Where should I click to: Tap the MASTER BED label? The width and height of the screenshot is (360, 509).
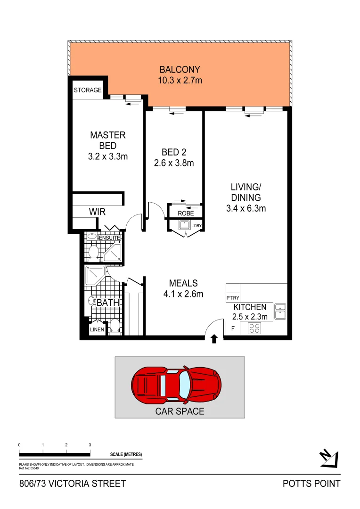pyautogui.click(x=108, y=140)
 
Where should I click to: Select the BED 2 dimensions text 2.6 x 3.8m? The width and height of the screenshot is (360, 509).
pyautogui.click(x=174, y=164)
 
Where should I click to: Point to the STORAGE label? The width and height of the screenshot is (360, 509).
pyautogui.click(x=88, y=90)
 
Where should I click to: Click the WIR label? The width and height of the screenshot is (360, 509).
pyautogui.click(x=97, y=213)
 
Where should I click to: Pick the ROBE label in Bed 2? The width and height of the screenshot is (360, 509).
pyautogui.click(x=186, y=213)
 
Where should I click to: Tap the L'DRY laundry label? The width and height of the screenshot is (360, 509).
pyautogui.click(x=196, y=226)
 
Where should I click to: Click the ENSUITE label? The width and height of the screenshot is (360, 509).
pyautogui.click(x=109, y=238)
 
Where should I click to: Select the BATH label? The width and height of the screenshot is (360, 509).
pyautogui.click(x=108, y=303)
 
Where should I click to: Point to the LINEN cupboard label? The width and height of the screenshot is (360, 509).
pyautogui.click(x=97, y=330)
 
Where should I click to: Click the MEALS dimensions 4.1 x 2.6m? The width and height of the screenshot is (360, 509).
pyautogui.click(x=183, y=295)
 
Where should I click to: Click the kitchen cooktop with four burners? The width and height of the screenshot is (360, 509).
pyautogui.click(x=255, y=328)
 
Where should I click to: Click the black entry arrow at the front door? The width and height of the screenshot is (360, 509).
pyautogui.click(x=214, y=338)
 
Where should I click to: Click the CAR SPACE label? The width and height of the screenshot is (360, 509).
pyautogui.click(x=180, y=411)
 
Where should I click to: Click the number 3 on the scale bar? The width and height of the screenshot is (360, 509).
pyautogui.click(x=90, y=445)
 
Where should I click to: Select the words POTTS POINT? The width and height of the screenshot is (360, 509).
pyautogui.click(x=311, y=484)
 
